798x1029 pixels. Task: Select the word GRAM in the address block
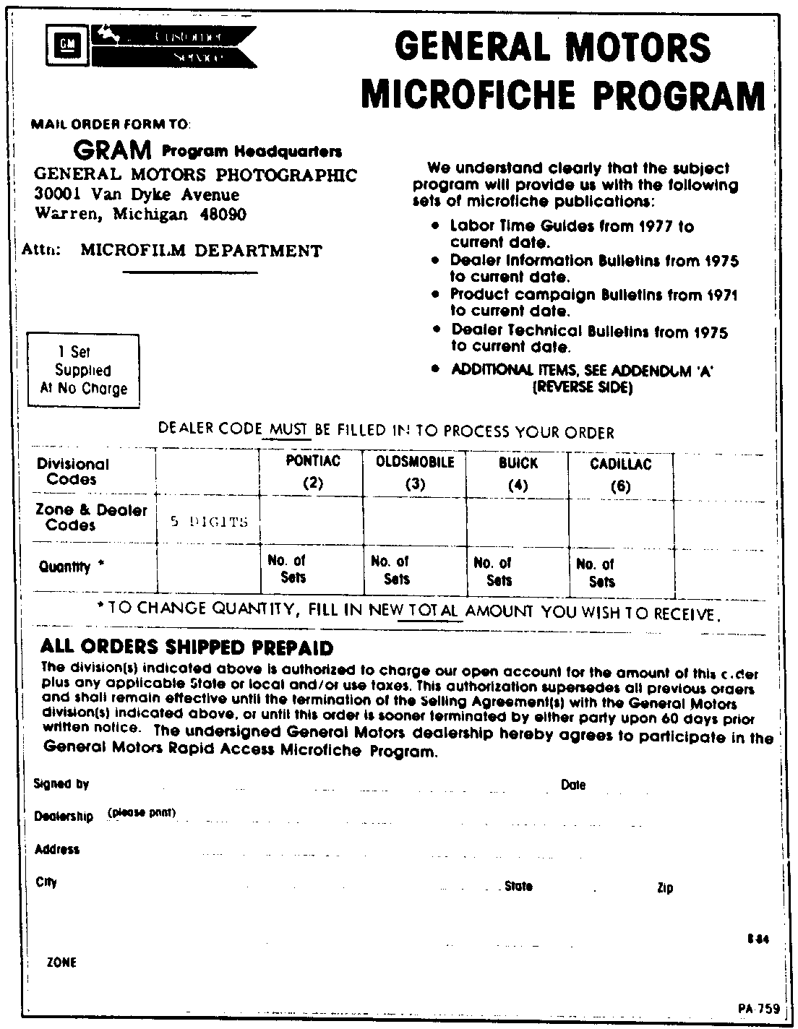tap(113, 150)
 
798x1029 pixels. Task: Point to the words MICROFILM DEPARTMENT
tap(201, 251)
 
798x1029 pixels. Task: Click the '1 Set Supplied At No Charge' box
tap(83, 371)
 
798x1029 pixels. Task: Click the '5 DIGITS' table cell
tap(209, 521)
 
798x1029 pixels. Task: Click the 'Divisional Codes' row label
tap(72, 471)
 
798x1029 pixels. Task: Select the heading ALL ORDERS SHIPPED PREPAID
tap(186, 646)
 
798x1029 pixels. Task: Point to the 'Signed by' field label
tap(61, 784)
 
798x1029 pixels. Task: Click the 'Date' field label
tap(573, 785)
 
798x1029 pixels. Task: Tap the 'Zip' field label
tap(665, 888)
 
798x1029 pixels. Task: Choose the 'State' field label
tap(518, 886)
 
